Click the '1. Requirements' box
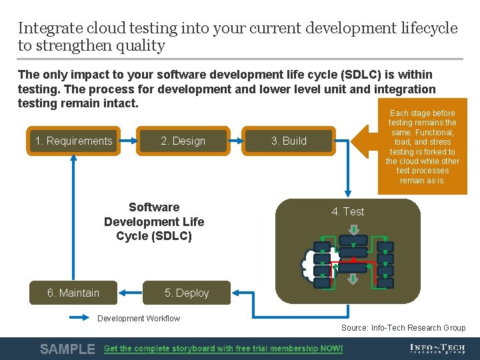coord(74,141)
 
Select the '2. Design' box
coord(183,141)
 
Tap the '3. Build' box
coord(289,141)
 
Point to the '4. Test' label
coord(348,212)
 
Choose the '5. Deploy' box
coord(187,293)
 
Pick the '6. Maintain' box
coord(73,293)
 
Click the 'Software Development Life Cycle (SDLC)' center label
coord(154,221)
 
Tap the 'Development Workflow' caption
coord(139,318)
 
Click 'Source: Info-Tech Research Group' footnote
coord(403,327)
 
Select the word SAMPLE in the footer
coord(67,349)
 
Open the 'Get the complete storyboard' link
coord(223,349)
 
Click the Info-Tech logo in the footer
coord(438,349)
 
